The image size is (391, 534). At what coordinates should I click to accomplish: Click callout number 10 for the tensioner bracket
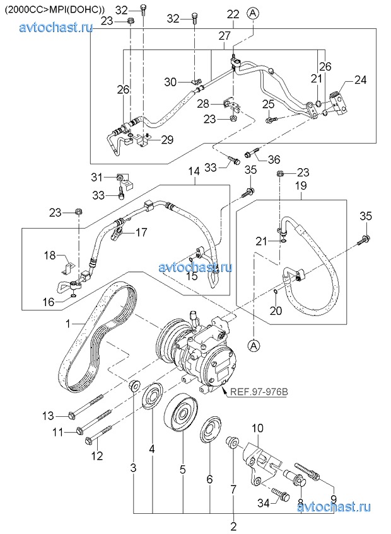tap(257, 429)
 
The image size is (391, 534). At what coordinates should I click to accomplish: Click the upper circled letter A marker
tap(252, 12)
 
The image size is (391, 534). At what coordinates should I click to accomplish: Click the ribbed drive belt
tap(95, 334)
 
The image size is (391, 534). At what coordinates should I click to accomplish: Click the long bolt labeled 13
tap(95, 407)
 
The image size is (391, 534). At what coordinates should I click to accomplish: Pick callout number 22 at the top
tap(233, 14)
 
